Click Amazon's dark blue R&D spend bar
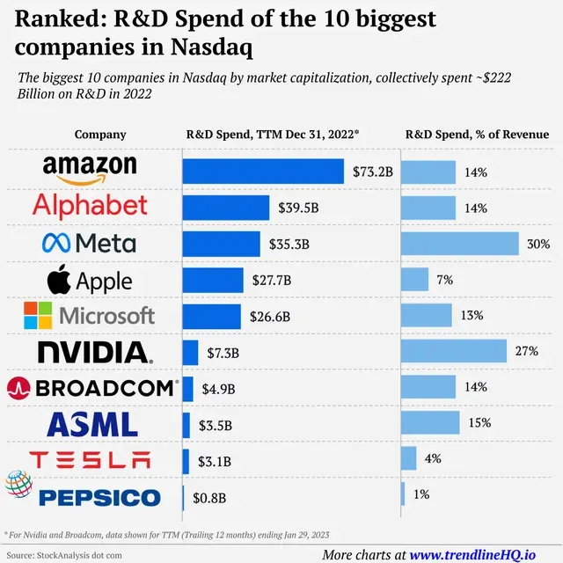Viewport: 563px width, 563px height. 263,172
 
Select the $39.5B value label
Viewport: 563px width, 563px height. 298,208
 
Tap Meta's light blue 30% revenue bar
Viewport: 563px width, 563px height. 460,244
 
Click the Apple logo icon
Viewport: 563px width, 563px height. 59,280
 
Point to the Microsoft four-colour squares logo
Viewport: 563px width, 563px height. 38,315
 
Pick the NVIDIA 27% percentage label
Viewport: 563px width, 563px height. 527,351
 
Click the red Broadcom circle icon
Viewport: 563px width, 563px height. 18,388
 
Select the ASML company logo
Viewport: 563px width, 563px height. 92,424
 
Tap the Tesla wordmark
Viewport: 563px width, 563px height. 90,460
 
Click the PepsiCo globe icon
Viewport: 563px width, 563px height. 19,484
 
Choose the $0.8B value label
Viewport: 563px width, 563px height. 209,498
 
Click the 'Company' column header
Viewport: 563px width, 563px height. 100,135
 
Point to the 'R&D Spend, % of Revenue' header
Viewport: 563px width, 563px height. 477,135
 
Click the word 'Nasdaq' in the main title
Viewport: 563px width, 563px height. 211,48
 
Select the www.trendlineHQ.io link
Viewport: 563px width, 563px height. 472,555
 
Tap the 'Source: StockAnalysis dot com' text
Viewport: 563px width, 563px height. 64,555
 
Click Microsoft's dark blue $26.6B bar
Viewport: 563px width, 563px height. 211,317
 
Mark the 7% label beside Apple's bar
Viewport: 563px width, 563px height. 445,280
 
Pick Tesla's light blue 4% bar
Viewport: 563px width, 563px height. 408,458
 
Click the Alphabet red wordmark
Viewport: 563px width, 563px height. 90,206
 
